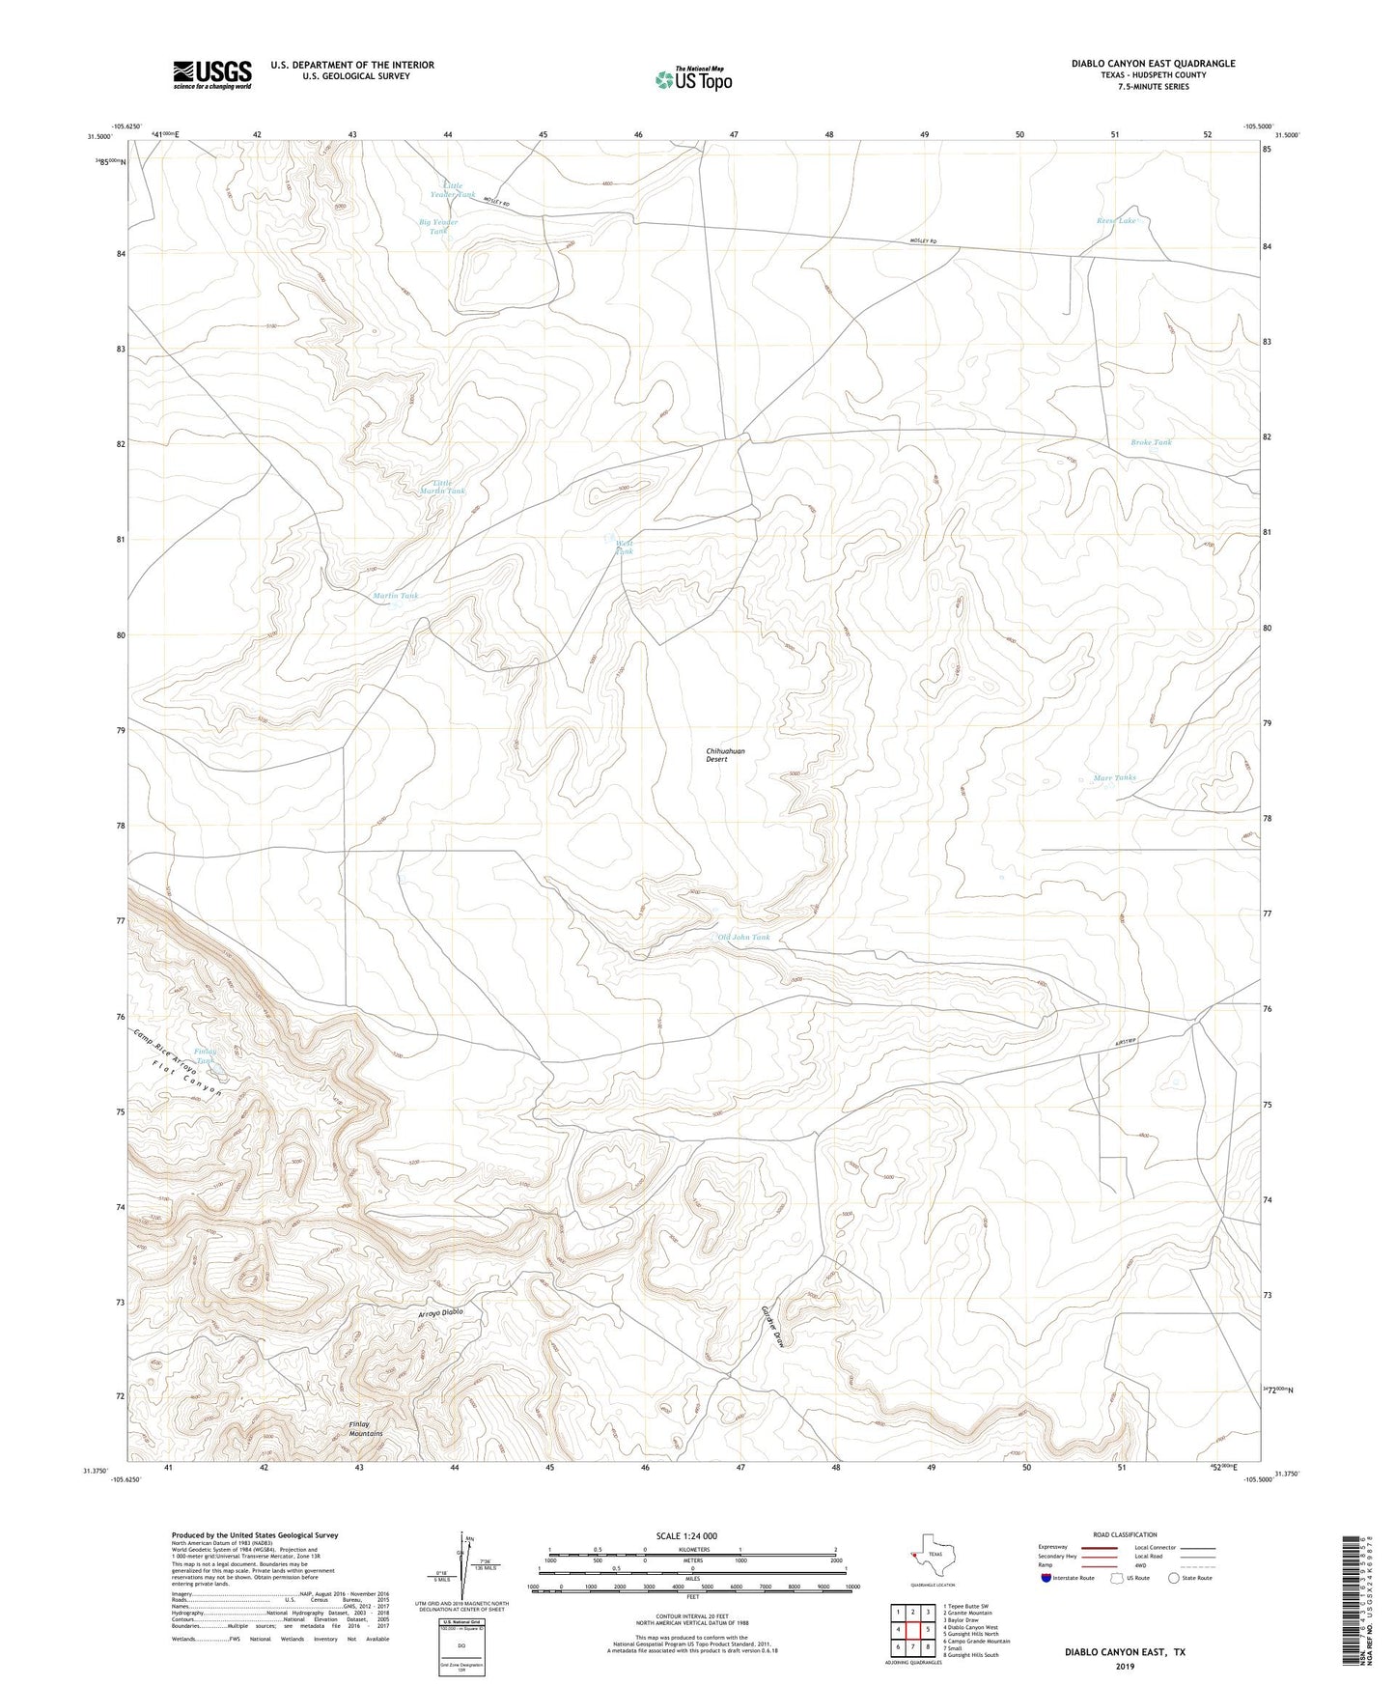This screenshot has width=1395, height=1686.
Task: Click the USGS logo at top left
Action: tap(211, 74)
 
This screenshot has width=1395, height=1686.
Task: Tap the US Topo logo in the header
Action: tap(692, 79)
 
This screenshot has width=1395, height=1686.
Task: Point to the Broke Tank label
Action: tap(1151, 442)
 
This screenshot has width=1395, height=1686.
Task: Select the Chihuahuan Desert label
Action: tap(725, 755)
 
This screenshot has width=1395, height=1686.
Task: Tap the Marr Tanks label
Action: tap(1114, 777)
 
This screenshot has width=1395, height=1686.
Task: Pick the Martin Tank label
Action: tap(396, 596)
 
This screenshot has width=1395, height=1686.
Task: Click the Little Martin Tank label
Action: tap(448, 487)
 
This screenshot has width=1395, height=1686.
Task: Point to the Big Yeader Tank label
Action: tap(438, 227)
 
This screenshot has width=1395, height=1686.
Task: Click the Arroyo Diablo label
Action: tap(440, 1313)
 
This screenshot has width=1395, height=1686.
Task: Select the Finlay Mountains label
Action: tap(366, 1429)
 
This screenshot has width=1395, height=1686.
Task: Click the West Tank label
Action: tap(625, 548)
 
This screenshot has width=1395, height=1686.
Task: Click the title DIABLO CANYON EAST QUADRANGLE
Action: tap(1153, 64)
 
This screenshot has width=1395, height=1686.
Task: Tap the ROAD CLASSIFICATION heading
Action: tap(1125, 1534)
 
